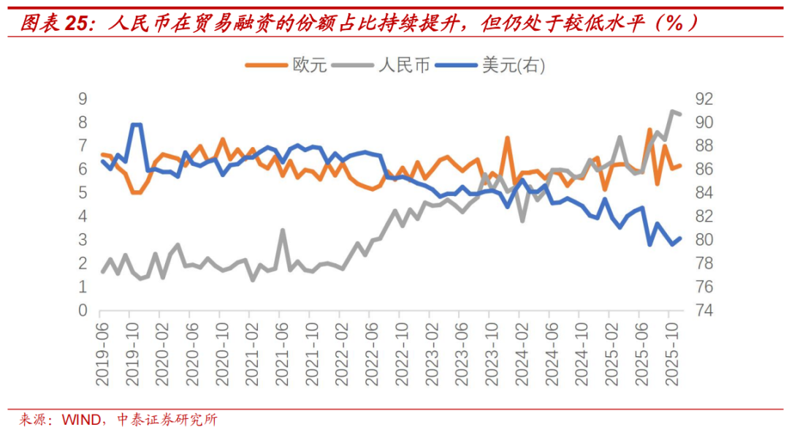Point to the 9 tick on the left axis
(83, 99)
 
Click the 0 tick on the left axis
(83, 311)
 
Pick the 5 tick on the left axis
(83, 193)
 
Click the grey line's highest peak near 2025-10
(672, 111)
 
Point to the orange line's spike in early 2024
(507, 137)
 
